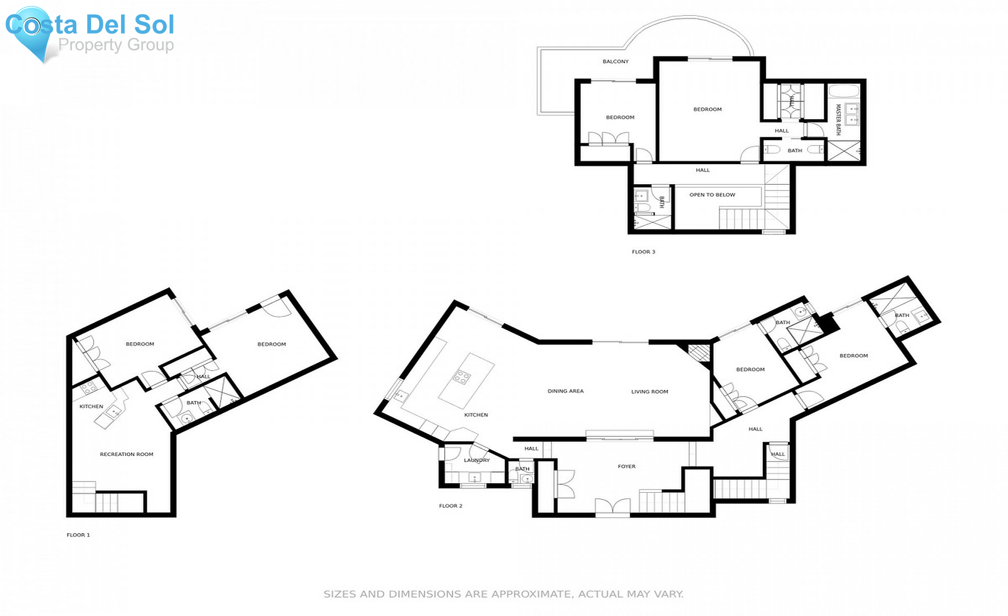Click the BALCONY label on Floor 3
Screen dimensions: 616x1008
[615, 62]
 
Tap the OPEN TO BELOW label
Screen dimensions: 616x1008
[712, 195]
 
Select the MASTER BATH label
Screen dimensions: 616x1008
[838, 119]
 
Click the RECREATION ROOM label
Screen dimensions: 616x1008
[126, 454]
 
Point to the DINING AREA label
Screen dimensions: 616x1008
[565, 391]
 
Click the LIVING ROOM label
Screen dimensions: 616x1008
[650, 391]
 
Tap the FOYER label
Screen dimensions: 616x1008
[626, 466]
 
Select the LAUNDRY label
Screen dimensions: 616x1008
[477, 460]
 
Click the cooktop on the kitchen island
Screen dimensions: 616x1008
[461, 376]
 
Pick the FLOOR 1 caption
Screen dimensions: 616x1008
[78, 535]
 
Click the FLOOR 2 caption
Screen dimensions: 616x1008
[450, 506]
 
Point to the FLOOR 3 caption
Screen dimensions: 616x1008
[643, 251]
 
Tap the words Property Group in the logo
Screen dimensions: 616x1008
[116, 45]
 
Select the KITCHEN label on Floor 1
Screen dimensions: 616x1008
[91, 406]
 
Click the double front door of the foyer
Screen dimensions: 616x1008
[613, 506]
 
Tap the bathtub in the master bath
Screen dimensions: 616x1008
[843, 91]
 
